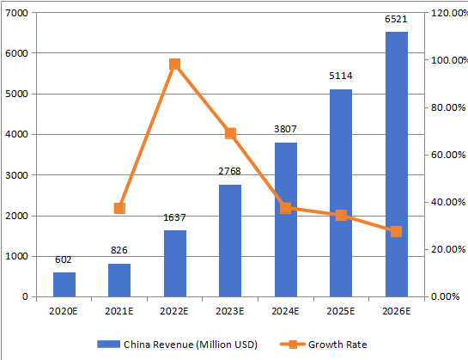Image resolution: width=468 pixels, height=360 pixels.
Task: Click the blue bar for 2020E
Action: [64, 284]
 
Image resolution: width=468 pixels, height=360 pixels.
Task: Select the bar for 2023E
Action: [230, 241]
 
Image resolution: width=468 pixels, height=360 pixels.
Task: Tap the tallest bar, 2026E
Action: [397, 164]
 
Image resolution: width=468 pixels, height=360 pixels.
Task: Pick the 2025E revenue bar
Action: [341, 193]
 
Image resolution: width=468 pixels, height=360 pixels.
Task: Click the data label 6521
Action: [397, 18]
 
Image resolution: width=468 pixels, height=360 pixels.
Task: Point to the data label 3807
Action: [286, 129]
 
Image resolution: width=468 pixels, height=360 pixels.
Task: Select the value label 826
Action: [119, 250]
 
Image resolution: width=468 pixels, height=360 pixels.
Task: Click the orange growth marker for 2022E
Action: [175, 64]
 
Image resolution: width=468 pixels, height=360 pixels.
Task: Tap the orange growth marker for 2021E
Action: [119, 208]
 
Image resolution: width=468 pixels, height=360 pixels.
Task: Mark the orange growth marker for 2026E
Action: [397, 232]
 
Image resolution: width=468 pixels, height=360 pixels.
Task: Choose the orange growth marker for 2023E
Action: [230, 133]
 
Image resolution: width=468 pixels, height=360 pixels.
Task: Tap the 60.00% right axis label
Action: [447, 155]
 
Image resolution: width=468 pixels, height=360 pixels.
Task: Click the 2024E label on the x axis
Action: [286, 311]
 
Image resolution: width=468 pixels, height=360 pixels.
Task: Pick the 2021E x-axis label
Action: [119, 311]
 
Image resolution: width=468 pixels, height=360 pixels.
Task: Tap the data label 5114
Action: [341, 76]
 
